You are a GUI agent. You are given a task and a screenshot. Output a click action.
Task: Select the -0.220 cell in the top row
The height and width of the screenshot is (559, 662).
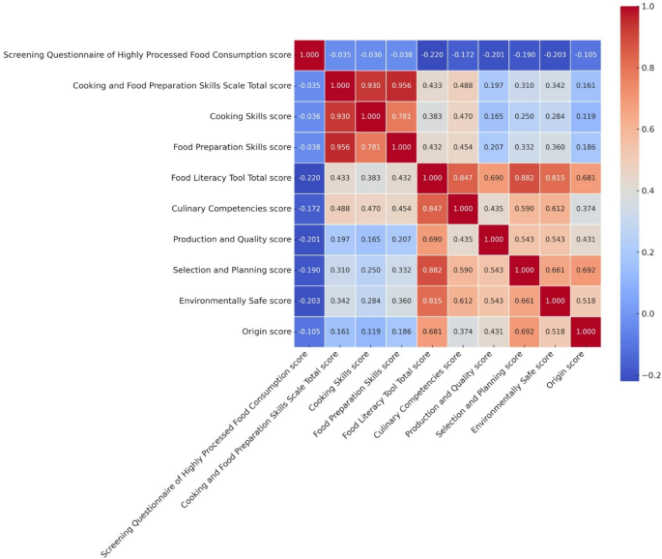432,55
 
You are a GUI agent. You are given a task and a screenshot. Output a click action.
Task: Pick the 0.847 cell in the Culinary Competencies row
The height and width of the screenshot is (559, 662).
432,208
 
